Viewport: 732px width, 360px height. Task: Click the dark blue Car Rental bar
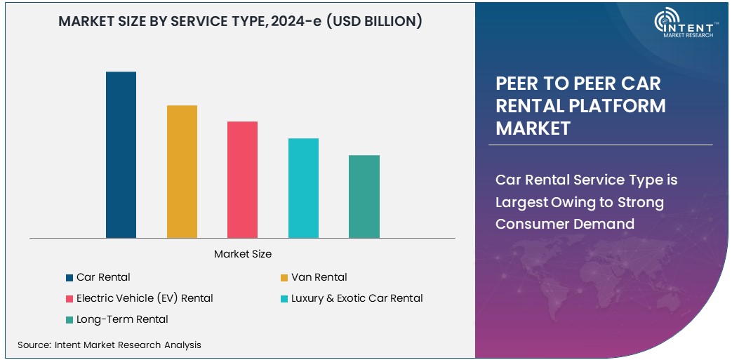point(121,155)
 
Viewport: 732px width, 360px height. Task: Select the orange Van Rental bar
point(182,172)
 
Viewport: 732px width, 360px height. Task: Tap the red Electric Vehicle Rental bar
point(242,180)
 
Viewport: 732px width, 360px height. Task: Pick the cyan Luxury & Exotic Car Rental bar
point(303,188)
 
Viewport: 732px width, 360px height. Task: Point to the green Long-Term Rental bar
point(364,196)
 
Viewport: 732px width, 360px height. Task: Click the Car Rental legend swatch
point(69,278)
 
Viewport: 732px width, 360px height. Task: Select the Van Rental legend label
point(319,277)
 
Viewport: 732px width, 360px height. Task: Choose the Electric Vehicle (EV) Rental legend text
point(145,298)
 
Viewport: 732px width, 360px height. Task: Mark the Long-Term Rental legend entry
point(122,319)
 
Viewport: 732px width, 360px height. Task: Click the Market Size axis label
point(242,253)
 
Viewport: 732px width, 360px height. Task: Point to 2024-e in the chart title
point(312,22)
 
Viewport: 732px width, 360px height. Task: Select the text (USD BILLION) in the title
point(382,22)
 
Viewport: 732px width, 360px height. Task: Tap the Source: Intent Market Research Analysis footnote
point(109,345)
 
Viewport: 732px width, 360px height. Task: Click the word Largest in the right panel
point(519,202)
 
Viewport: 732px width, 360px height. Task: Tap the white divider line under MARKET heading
point(601,145)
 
